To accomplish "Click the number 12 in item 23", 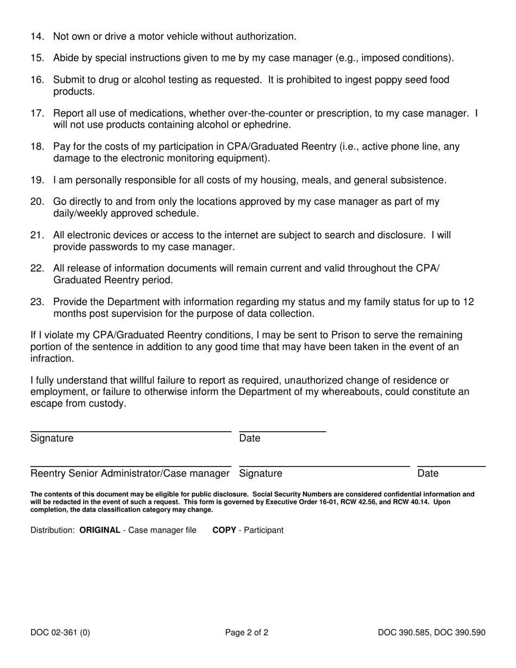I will [468, 302].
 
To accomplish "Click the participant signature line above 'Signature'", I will [130, 431].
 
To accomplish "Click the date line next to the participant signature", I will [282, 431].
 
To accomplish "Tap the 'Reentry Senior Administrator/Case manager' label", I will [130, 474].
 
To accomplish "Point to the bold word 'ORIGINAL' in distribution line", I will [99, 530].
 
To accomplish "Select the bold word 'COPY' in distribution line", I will [224, 530].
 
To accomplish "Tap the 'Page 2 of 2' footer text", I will [247, 632].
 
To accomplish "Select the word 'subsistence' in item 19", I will [418, 180].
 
